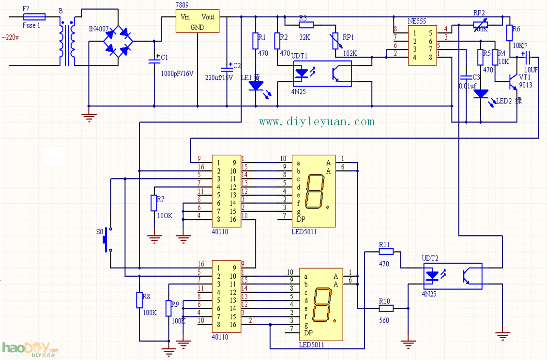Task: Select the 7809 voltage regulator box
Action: pyautogui.click(x=197, y=21)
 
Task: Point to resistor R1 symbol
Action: pyautogui.click(x=255, y=41)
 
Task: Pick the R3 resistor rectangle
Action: pyautogui.click(x=306, y=25)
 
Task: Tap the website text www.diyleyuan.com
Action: pyautogui.click(x=317, y=122)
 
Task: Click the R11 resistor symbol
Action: pyautogui.click(x=386, y=252)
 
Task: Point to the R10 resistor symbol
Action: pyautogui.click(x=386, y=308)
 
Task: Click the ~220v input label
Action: pyautogui.click(x=11, y=37)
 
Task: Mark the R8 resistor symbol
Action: pyautogui.click(x=139, y=300)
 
